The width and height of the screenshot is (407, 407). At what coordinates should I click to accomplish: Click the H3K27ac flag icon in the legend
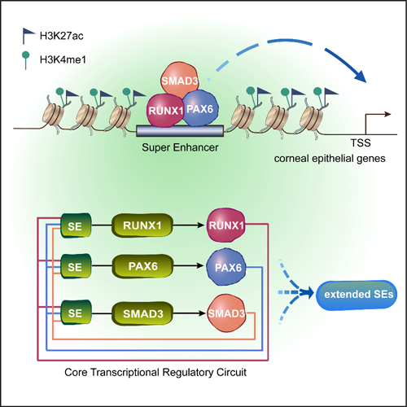[28, 35]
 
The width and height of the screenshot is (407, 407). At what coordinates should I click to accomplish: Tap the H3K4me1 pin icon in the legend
[26, 60]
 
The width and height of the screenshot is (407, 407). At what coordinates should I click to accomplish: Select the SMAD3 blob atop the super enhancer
[179, 79]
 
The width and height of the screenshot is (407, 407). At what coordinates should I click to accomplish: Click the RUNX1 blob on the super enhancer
[165, 110]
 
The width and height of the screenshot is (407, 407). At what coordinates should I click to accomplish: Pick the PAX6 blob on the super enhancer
[200, 108]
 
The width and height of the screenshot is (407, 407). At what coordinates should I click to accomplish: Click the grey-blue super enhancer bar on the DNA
[180, 131]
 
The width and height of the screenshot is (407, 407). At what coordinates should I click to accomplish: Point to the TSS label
[361, 142]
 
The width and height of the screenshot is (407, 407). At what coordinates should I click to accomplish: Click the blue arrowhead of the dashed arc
[361, 75]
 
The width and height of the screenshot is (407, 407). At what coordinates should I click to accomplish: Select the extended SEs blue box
[357, 295]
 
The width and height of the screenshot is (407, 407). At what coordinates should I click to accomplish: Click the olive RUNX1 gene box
[142, 225]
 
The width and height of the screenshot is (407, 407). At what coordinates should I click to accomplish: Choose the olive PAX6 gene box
[142, 266]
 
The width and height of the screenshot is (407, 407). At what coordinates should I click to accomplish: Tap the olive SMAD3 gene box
[142, 313]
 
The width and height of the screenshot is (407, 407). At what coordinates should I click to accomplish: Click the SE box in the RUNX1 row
[76, 225]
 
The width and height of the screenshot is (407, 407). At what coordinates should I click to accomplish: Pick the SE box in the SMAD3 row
[76, 313]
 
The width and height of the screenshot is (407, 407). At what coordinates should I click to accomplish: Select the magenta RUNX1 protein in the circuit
[226, 225]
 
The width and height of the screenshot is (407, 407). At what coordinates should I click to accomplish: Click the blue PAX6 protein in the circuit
[226, 267]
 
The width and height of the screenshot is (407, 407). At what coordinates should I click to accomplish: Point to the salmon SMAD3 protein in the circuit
[226, 313]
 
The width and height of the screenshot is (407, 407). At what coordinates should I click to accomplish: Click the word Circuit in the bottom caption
[231, 372]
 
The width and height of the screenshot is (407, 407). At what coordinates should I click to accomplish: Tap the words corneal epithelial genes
[330, 159]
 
